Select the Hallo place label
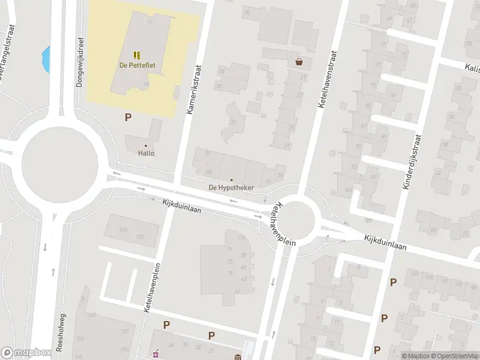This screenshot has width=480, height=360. [x=146, y=153]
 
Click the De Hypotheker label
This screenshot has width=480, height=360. [x=231, y=188]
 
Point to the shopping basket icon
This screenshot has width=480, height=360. [x=299, y=61]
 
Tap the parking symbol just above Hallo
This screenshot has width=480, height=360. [x=128, y=118]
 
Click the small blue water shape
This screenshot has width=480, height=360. [x=46, y=59]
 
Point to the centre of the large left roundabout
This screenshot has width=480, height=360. [x=60, y=161]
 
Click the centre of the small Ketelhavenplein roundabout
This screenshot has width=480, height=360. [x=297, y=219]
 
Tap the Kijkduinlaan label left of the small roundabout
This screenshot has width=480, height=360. [x=190, y=207]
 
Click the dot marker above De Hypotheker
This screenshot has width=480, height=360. [x=232, y=180]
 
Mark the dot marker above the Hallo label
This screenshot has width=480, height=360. [x=146, y=145]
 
